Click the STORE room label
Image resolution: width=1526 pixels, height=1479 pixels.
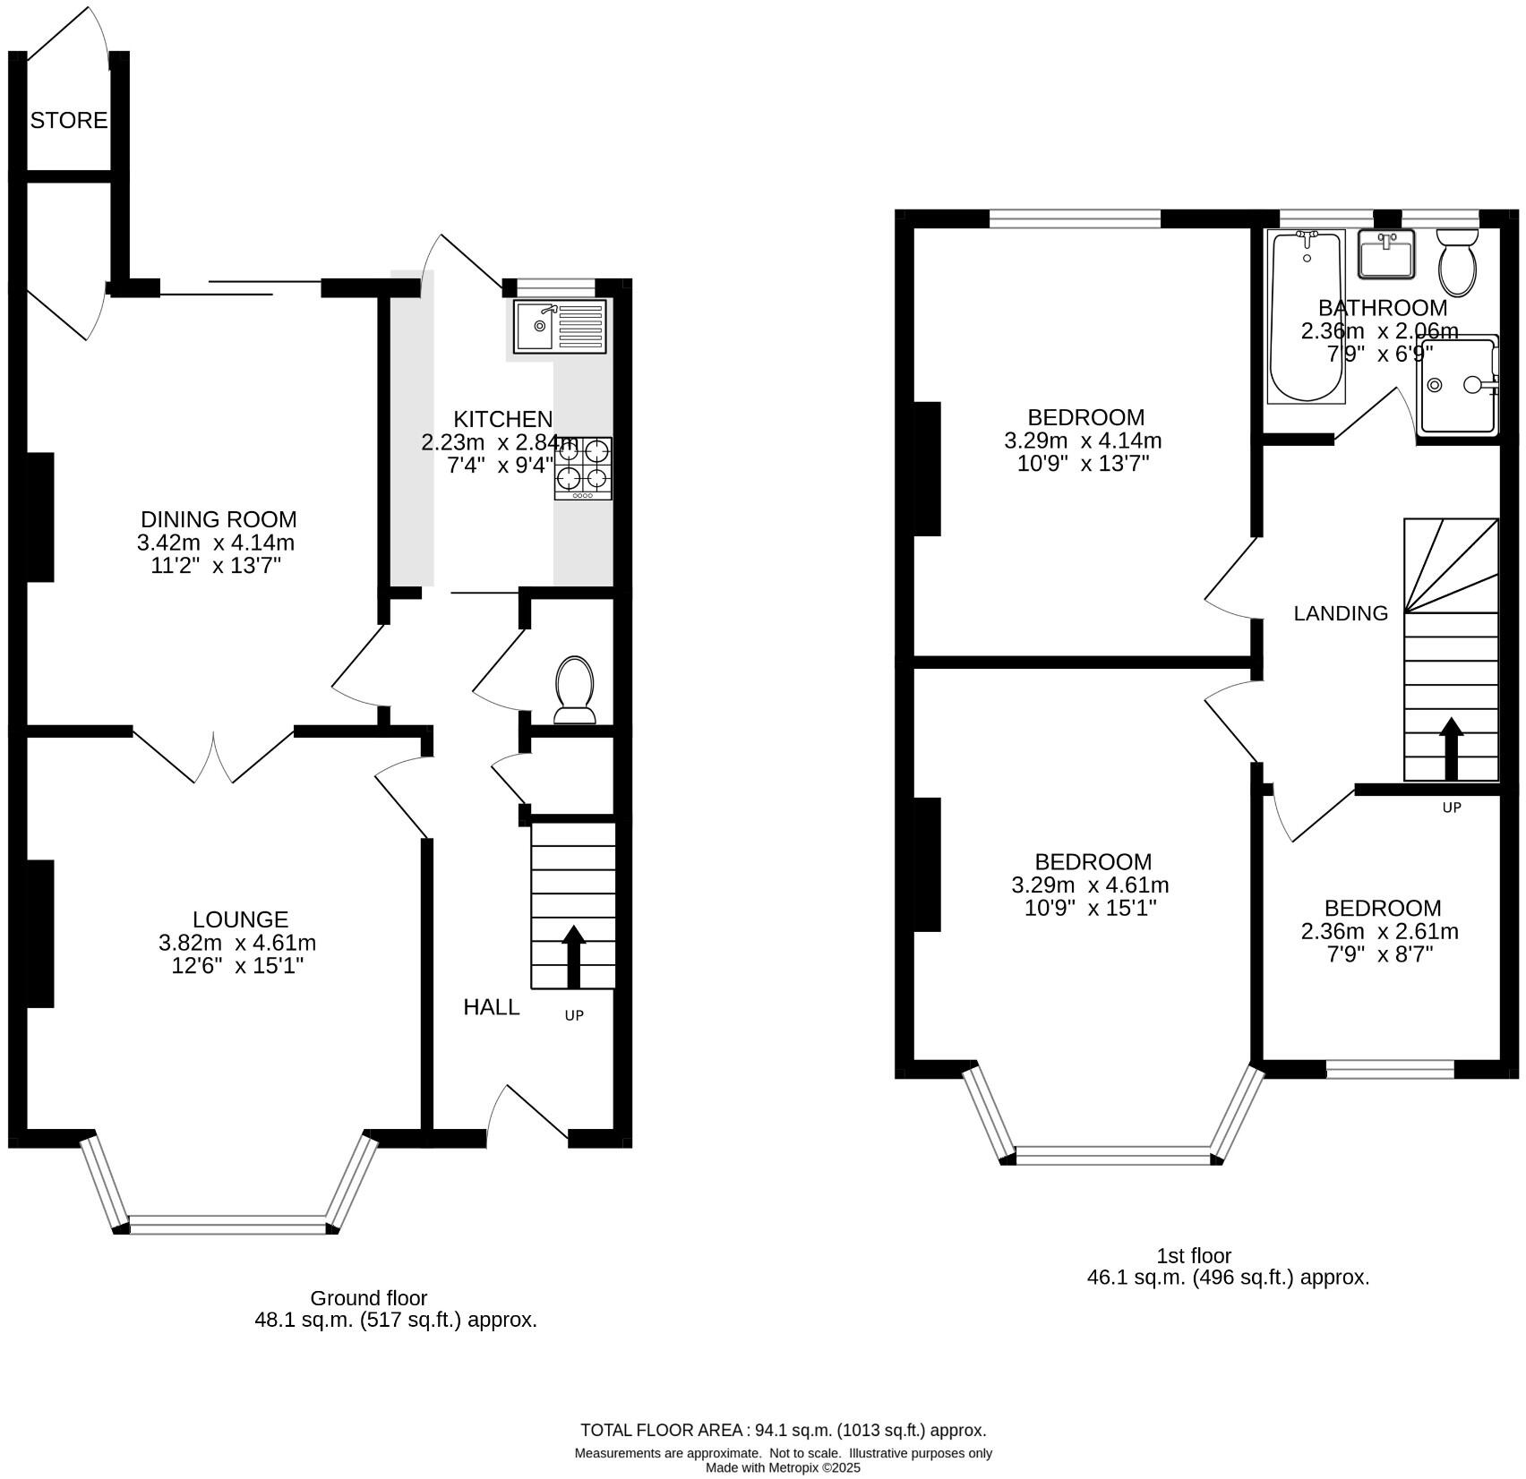tap(69, 120)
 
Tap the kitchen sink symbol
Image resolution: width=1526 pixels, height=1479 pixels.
tap(559, 326)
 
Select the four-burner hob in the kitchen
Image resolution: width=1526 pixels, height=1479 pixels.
tap(583, 468)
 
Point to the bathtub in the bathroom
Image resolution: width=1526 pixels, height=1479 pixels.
tap(1307, 315)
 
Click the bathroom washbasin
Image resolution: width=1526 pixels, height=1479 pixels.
tap(1385, 253)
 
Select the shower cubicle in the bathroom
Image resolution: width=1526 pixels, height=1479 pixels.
tap(1458, 385)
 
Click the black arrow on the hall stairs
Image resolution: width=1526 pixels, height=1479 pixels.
tap(573, 956)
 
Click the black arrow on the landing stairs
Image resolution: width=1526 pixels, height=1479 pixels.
tap(1451, 748)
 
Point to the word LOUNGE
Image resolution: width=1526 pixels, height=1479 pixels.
tap(240, 919)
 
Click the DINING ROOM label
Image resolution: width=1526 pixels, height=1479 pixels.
tap(219, 519)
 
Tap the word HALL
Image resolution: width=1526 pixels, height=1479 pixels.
tap(491, 1007)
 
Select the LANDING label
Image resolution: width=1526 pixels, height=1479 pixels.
tap(1341, 613)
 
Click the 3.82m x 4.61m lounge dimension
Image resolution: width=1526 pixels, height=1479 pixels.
tap(237, 943)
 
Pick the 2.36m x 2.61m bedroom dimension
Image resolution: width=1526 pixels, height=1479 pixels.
tap(1379, 931)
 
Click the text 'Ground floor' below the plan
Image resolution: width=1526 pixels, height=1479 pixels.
tap(369, 1298)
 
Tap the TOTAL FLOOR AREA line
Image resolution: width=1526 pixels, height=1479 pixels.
tap(783, 1430)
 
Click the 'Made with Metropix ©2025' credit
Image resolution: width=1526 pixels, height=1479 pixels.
tap(783, 1468)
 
